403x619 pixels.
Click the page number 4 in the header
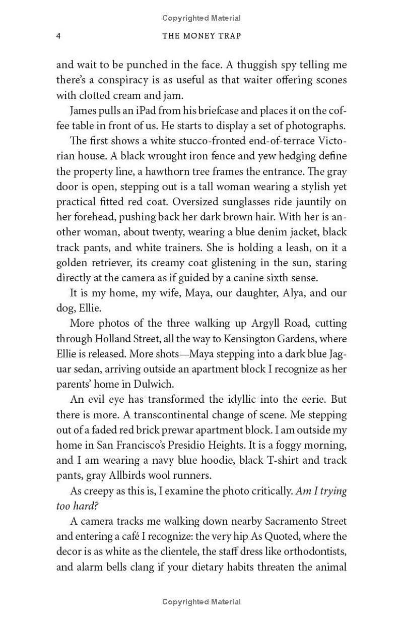[58, 36]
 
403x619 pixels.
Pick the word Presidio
[205, 445]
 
